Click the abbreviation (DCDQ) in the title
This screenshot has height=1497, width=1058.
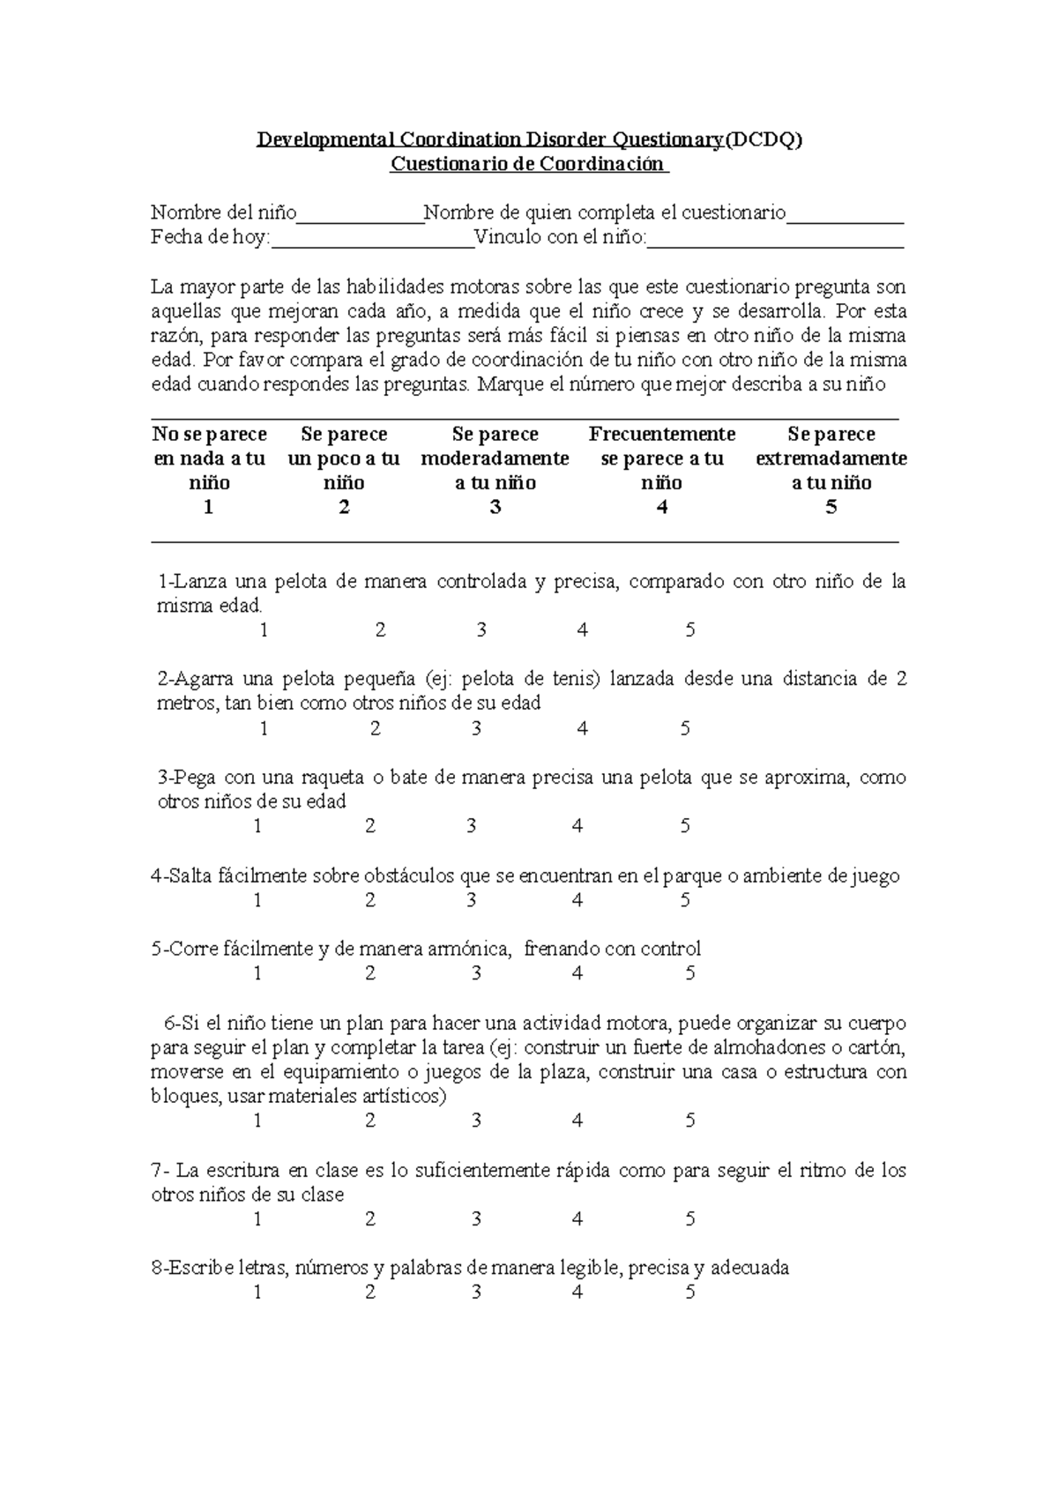(764, 140)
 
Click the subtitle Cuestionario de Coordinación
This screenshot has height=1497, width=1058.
(529, 164)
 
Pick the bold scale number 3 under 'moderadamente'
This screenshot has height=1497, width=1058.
(495, 508)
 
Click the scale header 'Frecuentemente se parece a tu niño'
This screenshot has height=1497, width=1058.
(662, 458)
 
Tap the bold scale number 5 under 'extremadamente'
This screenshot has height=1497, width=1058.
(831, 508)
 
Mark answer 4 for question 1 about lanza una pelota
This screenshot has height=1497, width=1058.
(582, 630)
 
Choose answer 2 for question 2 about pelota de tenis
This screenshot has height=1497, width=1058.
(376, 729)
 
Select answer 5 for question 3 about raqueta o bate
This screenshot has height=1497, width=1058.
(685, 827)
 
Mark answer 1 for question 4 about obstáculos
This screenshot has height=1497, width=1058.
(257, 901)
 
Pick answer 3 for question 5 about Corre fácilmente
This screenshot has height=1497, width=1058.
(476, 974)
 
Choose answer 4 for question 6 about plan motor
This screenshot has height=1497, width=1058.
(577, 1121)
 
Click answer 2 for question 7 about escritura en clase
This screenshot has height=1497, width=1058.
(370, 1220)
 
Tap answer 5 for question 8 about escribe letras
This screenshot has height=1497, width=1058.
(690, 1293)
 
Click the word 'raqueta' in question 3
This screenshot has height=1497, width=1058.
(332, 778)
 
